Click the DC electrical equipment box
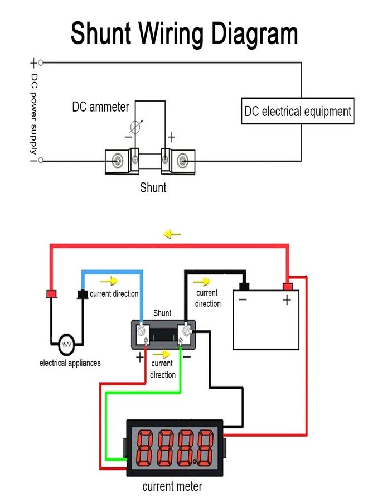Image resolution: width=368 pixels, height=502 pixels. [x=298, y=111]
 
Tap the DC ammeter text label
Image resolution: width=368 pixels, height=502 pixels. [x=100, y=107]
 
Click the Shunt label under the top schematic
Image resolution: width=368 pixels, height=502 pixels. [x=153, y=187]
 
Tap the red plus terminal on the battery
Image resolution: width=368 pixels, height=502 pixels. [x=287, y=287]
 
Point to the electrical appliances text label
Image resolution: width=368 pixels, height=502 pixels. [x=70, y=363]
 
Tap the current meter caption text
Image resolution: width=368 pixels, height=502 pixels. [x=172, y=486]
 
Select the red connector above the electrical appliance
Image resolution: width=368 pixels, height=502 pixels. [x=52, y=293]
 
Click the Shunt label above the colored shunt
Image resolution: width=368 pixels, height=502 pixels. [x=162, y=313]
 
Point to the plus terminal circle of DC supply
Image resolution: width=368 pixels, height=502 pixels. [x=41, y=62]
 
